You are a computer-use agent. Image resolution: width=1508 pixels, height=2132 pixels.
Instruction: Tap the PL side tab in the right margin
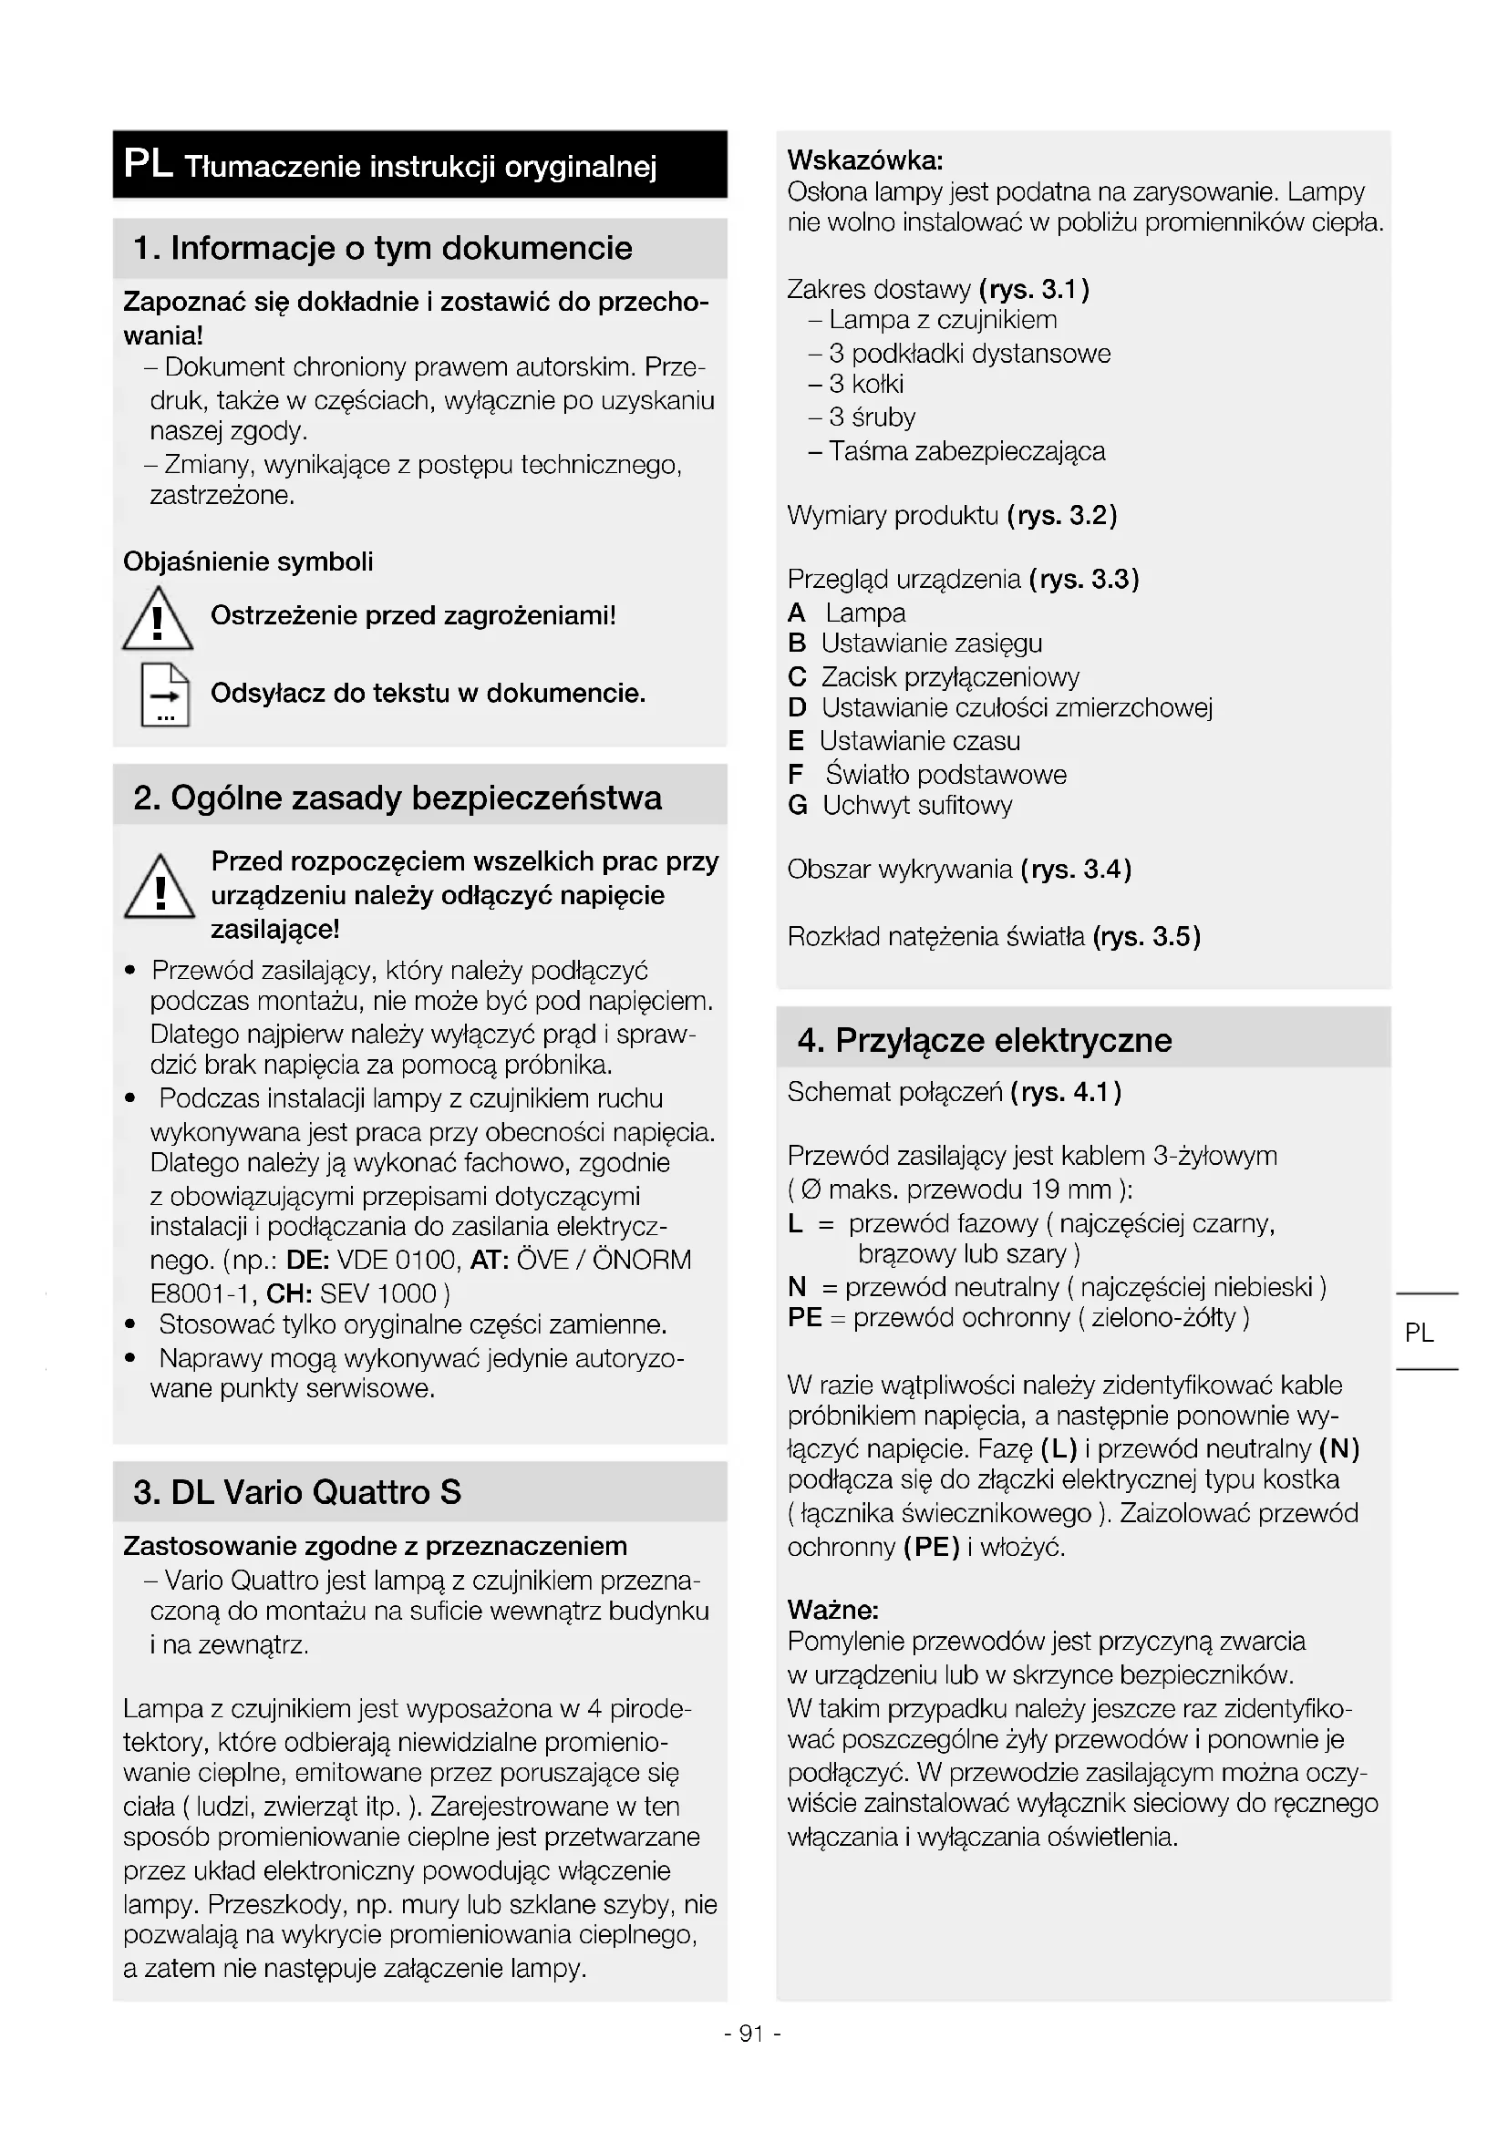[x=1419, y=1333]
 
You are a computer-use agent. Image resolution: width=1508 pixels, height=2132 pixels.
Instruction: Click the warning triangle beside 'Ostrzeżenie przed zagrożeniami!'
[x=157, y=619]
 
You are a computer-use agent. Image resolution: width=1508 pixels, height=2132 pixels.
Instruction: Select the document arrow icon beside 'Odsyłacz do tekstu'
[x=164, y=695]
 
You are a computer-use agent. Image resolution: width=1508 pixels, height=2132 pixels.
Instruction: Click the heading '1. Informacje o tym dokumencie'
[x=383, y=248]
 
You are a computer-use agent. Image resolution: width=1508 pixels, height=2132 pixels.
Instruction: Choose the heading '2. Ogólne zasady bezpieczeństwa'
[x=398, y=798]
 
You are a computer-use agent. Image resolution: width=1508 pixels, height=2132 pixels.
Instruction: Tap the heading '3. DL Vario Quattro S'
[x=297, y=1491]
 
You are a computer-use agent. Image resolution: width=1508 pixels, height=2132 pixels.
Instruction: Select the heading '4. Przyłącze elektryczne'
[x=985, y=1040]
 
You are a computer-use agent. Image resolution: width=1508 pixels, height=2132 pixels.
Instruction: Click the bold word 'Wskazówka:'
[x=865, y=160]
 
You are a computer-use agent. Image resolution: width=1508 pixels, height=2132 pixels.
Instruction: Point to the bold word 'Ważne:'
[x=833, y=1609]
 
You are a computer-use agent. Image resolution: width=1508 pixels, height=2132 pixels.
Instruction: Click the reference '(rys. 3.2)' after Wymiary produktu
[x=1061, y=515]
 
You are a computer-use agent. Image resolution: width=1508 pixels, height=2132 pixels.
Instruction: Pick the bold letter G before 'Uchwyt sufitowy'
[x=797, y=806]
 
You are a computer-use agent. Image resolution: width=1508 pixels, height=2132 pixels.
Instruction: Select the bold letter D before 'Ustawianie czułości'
[x=797, y=708]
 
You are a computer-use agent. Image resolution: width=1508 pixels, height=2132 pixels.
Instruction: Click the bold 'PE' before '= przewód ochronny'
[x=804, y=1318]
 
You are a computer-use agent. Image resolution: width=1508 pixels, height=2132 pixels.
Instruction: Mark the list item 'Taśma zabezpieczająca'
[x=966, y=451]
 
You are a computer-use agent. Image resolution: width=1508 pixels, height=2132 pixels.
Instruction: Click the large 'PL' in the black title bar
[x=148, y=164]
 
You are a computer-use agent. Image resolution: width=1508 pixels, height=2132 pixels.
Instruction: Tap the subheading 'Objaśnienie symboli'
[x=248, y=561]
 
